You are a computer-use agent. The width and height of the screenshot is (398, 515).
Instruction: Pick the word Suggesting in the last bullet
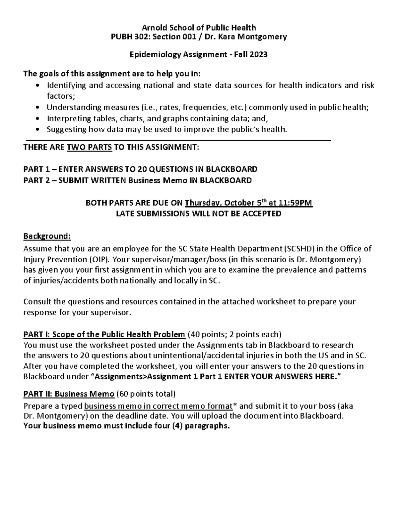[66, 129]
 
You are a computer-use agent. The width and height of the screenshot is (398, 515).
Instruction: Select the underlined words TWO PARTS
[90, 147]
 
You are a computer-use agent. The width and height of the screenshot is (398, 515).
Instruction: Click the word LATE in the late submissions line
[125, 214]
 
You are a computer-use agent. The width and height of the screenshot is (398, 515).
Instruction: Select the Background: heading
[47, 236]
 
